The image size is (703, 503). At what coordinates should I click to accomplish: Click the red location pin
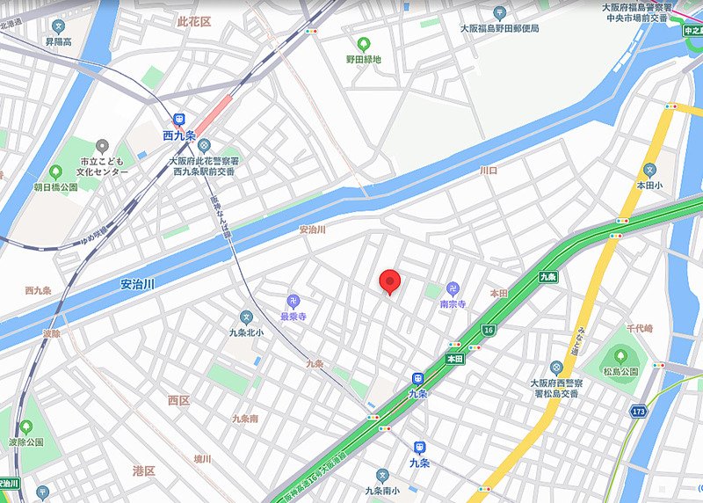pyautogui.click(x=390, y=281)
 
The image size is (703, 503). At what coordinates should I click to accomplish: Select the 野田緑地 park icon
pyautogui.click(x=363, y=43)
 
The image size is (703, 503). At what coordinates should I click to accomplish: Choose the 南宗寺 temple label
pyautogui.click(x=453, y=303)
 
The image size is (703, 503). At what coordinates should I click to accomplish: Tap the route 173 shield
pyautogui.click(x=639, y=411)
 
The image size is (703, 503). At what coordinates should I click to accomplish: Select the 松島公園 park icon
pyautogui.click(x=621, y=355)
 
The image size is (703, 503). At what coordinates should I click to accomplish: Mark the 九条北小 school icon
pyautogui.click(x=246, y=317)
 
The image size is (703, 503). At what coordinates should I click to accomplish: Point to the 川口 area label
pyautogui.click(x=489, y=170)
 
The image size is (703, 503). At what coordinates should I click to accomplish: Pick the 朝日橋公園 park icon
pyautogui.click(x=55, y=171)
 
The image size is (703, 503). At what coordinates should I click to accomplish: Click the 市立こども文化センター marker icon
pyautogui.click(x=103, y=145)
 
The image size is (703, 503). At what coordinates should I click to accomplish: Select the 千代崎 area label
pyautogui.click(x=640, y=328)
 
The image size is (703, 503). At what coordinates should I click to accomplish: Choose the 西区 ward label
pyautogui.click(x=178, y=400)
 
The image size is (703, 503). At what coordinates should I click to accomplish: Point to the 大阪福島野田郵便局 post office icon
pyautogui.click(x=499, y=12)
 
